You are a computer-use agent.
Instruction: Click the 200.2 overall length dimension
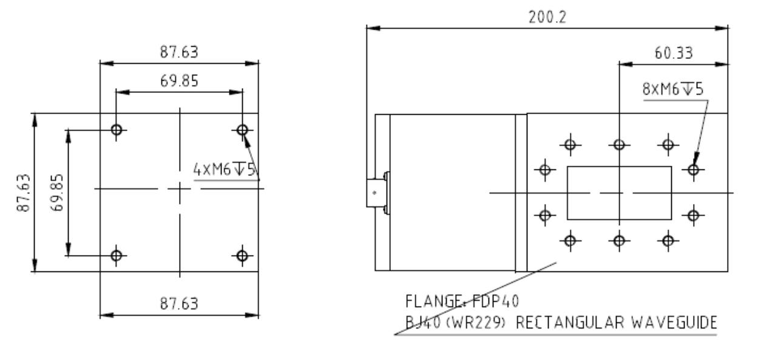pos(547,17)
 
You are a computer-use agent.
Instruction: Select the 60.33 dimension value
pos(674,53)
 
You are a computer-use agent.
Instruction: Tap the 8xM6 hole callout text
pos(672,89)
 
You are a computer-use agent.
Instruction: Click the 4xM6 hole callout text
pos(225,169)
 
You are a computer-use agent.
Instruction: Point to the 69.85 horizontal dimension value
pos(179,81)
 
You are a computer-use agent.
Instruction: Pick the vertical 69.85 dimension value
pos(57,192)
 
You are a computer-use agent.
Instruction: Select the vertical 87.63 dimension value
pos(23,193)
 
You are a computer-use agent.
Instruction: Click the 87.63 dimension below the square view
pos(179,304)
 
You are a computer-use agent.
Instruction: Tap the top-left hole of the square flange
pos(117,130)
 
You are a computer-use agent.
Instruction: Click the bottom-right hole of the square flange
pos(242,256)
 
